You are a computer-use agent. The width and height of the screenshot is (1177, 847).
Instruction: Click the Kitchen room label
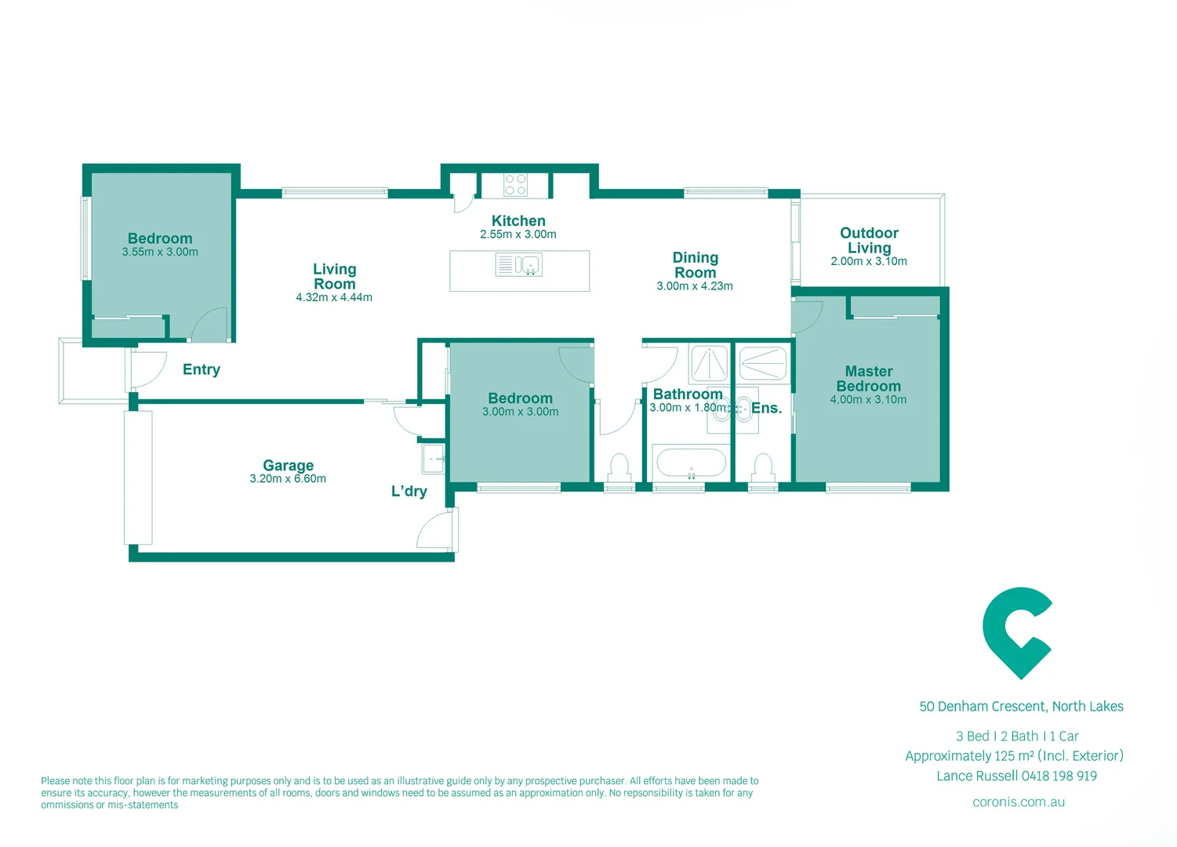518,221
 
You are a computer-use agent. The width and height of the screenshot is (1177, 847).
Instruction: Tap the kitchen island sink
519,264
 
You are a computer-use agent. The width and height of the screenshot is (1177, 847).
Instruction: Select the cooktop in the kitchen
515,185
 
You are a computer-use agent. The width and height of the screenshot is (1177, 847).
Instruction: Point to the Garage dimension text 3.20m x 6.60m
288,479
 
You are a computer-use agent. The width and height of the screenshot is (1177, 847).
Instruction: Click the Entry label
202,369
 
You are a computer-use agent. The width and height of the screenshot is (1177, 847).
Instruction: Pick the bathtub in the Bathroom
691,463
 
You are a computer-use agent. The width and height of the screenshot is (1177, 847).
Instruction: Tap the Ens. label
767,408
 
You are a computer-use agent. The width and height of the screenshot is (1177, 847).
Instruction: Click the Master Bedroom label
868,379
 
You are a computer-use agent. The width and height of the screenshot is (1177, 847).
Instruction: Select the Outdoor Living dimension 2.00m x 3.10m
869,262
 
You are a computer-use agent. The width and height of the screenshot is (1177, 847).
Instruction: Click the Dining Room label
696,265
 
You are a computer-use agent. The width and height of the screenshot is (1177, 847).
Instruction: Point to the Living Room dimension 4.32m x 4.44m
334,298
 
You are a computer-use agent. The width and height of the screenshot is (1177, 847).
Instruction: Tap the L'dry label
409,492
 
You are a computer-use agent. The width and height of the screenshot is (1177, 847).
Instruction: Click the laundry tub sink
434,459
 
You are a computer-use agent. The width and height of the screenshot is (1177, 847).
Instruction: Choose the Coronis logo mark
1017,632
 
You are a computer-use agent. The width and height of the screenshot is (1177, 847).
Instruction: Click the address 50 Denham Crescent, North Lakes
1021,707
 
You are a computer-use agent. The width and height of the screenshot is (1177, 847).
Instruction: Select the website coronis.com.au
1019,802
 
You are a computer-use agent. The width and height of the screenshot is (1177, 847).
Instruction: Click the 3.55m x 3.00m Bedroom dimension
160,253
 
